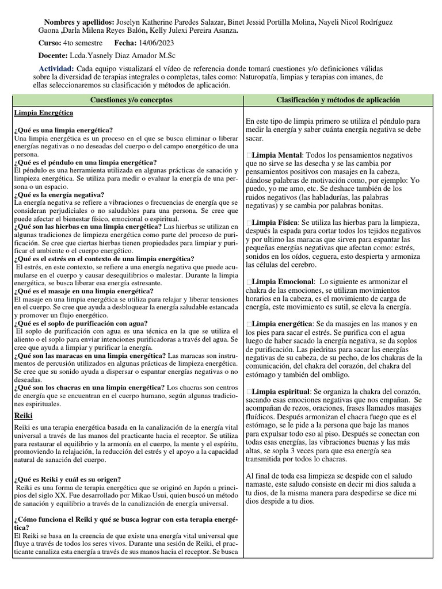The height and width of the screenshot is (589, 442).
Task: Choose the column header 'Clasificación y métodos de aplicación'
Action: click(x=338, y=100)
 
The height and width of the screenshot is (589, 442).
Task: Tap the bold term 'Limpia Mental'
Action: click(x=276, y=155)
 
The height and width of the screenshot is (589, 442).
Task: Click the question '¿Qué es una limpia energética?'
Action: click(x=63, y=130)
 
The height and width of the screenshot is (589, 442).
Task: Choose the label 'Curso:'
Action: click(x=49, y=43)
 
